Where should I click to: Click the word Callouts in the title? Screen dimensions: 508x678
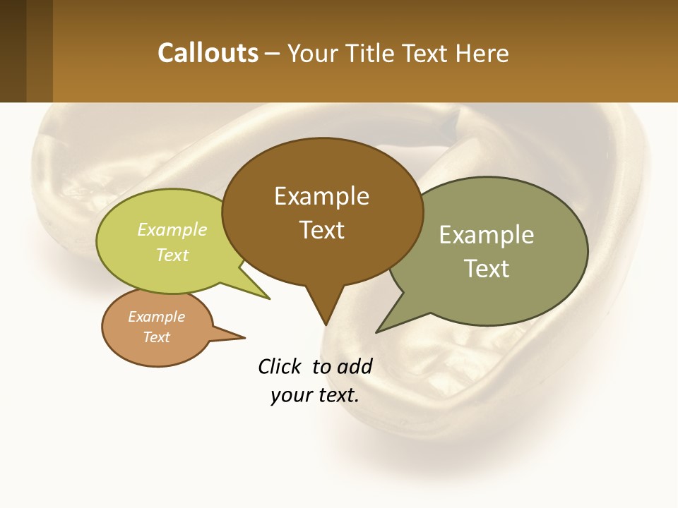208,53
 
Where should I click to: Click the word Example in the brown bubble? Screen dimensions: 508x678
321,196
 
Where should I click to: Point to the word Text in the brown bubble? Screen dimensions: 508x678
321,229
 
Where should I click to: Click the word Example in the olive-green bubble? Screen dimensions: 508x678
487,235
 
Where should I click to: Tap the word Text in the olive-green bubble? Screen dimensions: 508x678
487,269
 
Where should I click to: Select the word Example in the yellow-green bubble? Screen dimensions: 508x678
172,229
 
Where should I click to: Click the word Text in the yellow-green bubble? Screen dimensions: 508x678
172,255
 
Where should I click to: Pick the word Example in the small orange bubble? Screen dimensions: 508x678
156,317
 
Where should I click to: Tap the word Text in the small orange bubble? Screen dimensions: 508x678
156,337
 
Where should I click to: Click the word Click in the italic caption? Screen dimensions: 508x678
280,366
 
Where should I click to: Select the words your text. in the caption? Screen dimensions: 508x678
315,395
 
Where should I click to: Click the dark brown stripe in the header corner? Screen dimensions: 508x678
13,51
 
